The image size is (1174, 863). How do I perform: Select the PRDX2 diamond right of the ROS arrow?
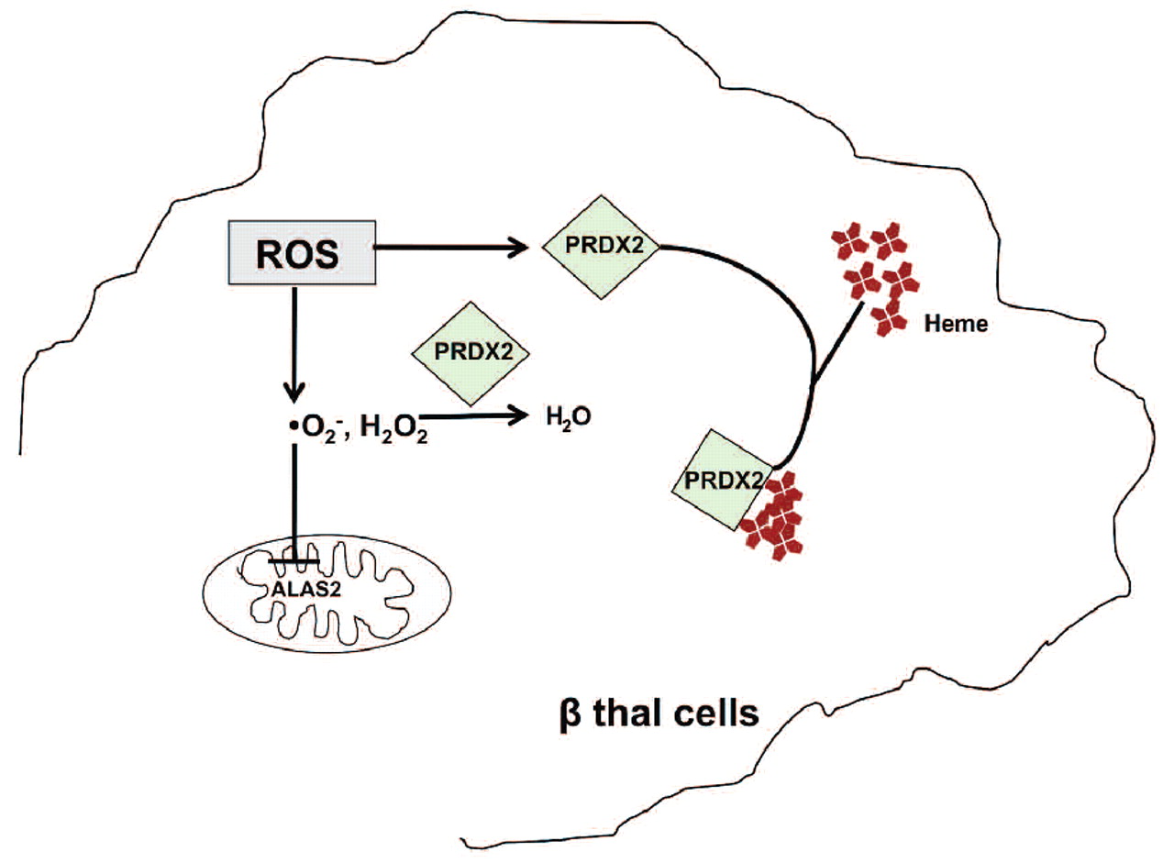pyautogui.click(x=599, y=246)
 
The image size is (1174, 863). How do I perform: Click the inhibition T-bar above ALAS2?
pyautogui.click(x=293, y=560)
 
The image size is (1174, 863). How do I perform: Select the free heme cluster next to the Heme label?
pyautogui.click(x=872, y=274)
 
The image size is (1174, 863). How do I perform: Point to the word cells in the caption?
pyautogui.click(x=712, y=711)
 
